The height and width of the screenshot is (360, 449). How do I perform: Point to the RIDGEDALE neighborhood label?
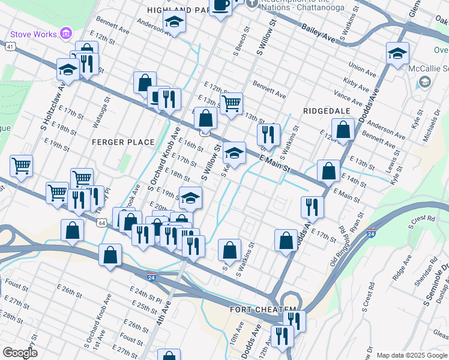tap(326, 111)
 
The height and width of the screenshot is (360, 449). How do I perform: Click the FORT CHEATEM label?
tap(263, 310)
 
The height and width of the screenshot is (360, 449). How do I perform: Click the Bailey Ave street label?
tap(319, 37)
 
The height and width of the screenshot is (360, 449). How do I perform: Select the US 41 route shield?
tap(11, 46)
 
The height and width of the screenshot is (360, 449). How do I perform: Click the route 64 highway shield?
tap(103, 223)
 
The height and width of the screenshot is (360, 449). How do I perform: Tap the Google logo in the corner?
tap(19, 353)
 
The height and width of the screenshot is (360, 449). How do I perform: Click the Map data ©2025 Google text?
tap(412, 355)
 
